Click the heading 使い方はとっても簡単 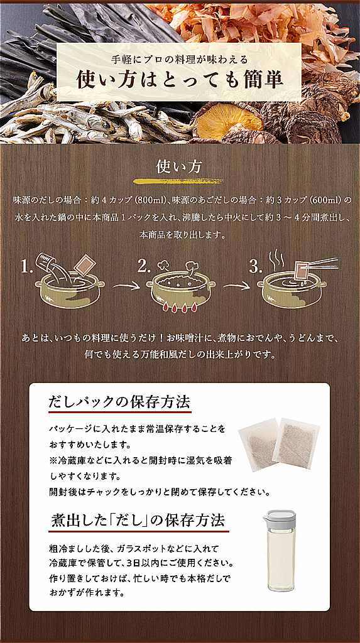180,80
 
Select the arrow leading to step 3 237,285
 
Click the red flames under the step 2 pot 180,308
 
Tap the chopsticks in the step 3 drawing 323,262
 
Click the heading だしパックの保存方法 119,401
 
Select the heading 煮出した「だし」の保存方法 138,521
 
